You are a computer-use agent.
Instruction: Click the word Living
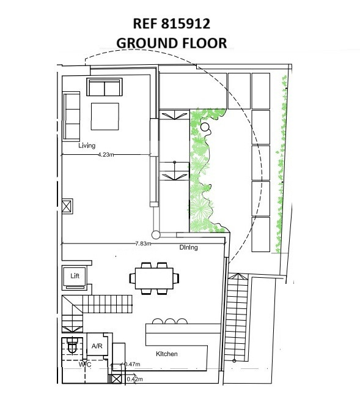click(x=87, y=146)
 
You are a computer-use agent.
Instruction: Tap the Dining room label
click(x=188, y=247)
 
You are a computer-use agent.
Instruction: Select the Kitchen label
click(x=167, y=354)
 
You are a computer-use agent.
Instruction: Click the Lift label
click(x=75, y=276)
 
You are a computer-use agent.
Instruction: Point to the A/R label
click(x=97, y=346)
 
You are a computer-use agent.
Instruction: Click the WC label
click(x=85, y=364)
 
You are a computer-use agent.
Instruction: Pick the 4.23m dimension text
click(x=106, y=155)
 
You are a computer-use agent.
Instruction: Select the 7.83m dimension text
click(x=143, y=244)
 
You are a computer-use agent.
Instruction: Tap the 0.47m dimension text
click(x=133, y=364)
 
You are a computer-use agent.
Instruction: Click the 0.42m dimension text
click(x=134, y=379)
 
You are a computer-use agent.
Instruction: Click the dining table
click(x=154, y=278)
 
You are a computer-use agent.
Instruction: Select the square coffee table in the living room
click(x=105, y=116)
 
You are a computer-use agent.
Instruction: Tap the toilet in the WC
click(x=72, y=345)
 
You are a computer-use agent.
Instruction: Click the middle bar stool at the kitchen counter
click(x=170, y=321)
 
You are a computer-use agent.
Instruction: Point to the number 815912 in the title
click(x=186, y=24)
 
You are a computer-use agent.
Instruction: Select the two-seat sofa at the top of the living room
click(x=105, y=87)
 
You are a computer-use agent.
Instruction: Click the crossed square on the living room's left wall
click(x=67, y=206)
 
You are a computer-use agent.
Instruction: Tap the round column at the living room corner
click(x=155, y=234)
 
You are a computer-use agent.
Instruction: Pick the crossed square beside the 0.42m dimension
click(x=117, y=379)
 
